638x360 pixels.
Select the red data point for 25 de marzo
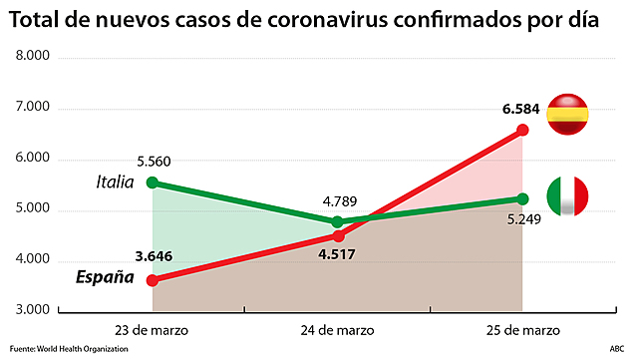pyautogui.click(x=523, y=130)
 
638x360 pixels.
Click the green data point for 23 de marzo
pyautogui.click(x=153, y=182)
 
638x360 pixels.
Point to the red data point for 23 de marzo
pyautogui.click(x=153, y=280)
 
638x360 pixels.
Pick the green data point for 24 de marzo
pyautogui.click(x=338, y=221)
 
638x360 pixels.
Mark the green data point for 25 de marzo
pyautogui.click(x=523, y=198)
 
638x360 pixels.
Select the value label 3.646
pyautogui.click(x=153, y=256)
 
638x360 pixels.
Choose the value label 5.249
pyautogui.click(x=523, y=220)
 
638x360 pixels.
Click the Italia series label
pyautogui.click(x=115, y=181)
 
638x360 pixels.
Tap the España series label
pyautogui.click(x=105, y=276)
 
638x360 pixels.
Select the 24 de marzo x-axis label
pyautogui.click(x=338, y=328)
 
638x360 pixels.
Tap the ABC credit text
pyautogui.click(x=617, y=349)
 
